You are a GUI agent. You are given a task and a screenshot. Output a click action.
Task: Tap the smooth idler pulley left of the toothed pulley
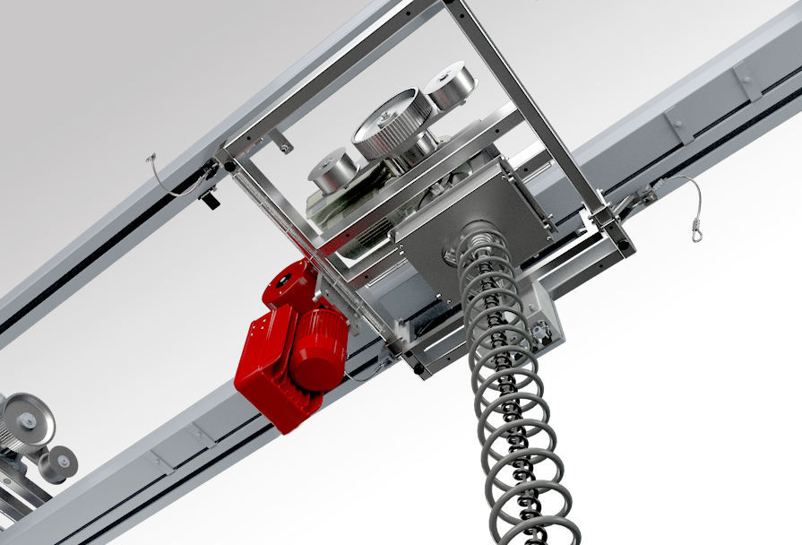[332, 168]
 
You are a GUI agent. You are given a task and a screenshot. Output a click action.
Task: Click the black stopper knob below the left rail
[210, 200]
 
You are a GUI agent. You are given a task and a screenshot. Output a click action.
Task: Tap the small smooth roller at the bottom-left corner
[59, 462]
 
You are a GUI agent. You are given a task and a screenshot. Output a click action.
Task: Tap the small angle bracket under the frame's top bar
[280, 141]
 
